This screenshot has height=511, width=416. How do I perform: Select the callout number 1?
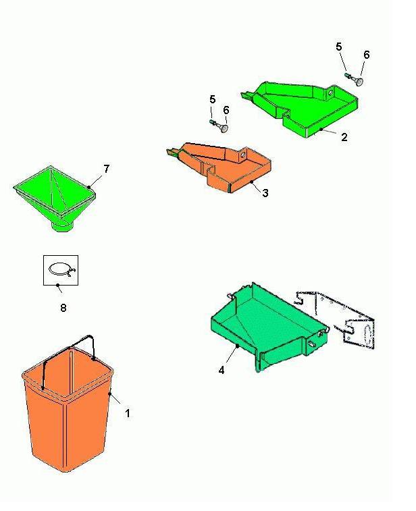128,413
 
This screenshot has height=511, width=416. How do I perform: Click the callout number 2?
344,137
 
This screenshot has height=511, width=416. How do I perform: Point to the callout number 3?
265,193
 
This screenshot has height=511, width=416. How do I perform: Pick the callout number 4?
222,370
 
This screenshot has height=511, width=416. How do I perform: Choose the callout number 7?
106,169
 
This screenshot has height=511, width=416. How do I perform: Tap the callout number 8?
63,307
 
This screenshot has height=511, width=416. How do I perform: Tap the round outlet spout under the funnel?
63,226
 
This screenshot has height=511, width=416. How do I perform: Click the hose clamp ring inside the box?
62,270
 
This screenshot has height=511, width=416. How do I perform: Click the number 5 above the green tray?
339,47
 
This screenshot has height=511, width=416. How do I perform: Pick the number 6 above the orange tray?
226,110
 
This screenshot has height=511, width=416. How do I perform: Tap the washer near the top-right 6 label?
359,81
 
